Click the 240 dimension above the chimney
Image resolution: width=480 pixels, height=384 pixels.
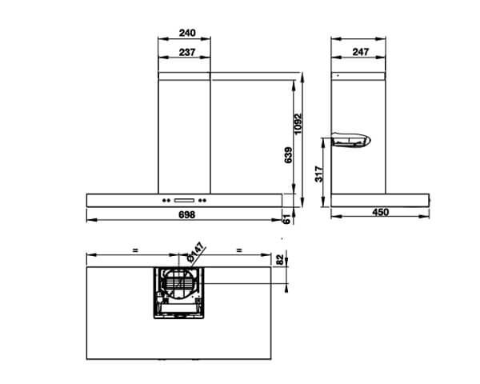coord(186,34)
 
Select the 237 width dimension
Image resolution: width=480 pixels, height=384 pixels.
coord(186,52)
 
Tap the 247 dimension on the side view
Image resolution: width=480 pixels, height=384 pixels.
coord(359,52)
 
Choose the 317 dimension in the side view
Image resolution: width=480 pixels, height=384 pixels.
coord(319,175)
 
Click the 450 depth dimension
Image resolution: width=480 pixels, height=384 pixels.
coord(381,212)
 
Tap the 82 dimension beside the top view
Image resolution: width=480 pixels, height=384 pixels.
coord(279,260)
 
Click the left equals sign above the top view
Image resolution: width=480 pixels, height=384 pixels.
coord(136,250)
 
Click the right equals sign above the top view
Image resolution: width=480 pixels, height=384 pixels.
coord(239,250)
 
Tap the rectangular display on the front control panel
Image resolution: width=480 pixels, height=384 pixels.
coord(185,200)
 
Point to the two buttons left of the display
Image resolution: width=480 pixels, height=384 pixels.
coord(167,200)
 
